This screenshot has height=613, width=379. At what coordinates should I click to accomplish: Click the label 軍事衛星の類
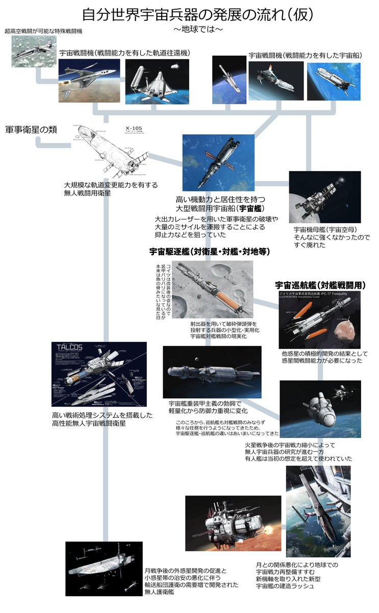pos(31,130)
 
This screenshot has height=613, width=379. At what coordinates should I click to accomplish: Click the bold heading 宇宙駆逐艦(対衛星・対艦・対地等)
pos(209,252)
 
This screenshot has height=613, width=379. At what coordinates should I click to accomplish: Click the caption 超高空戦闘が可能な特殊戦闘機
pos(43,31)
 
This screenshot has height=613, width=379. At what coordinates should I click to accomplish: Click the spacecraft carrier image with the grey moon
pos(324,197)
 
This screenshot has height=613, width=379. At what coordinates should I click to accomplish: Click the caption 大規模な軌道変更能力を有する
pos(110,185)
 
